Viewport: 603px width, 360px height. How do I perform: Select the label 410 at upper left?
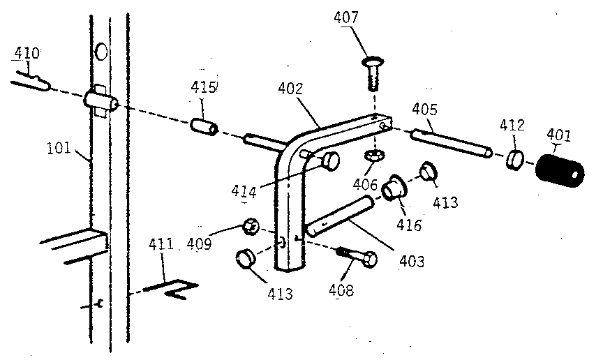pyautogui.click(x=26, y=53)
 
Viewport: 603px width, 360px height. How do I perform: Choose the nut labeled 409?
pyautogui.click(x=251, y=227)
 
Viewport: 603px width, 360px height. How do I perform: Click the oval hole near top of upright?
pyautogui.click(x=101, y=51)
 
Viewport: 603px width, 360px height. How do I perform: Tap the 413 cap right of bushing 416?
pyautogui.click(x=428, y=171)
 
